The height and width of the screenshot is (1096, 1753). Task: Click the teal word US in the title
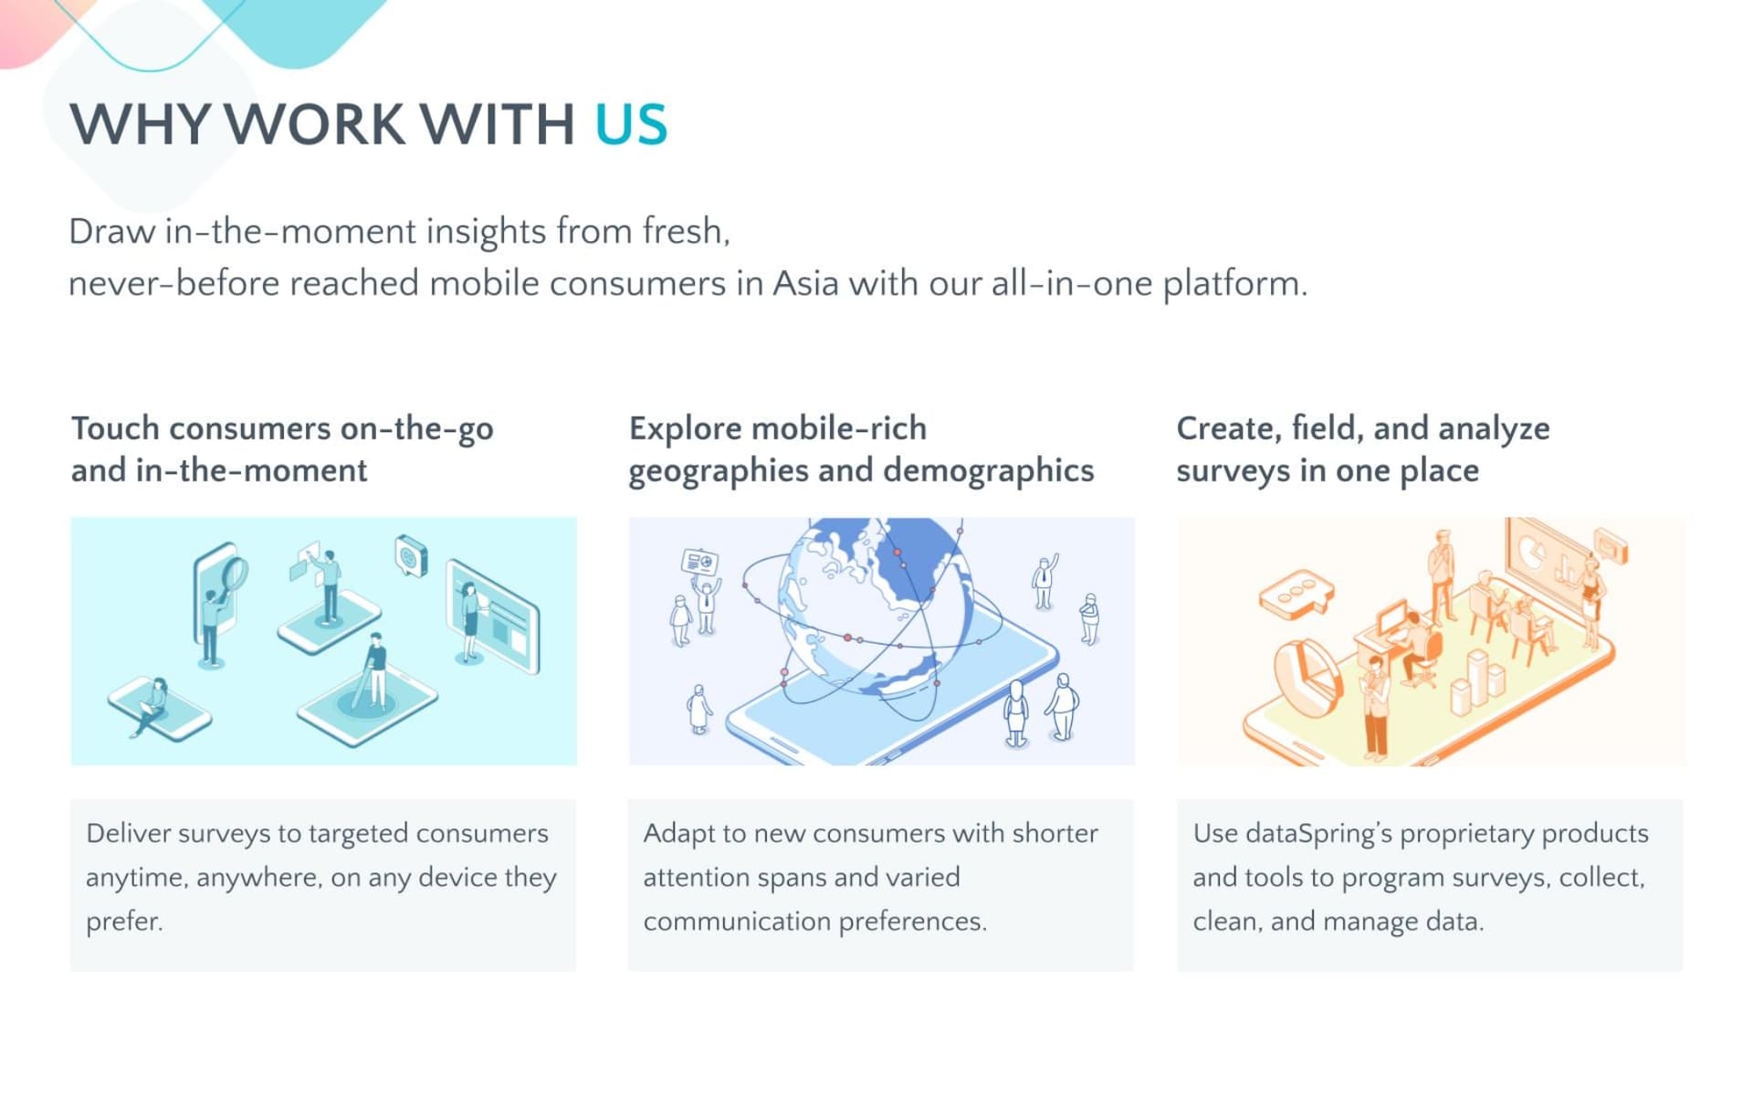point(631,124)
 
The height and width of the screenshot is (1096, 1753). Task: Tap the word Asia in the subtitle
point(805,283)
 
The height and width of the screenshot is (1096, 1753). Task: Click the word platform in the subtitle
point(1234,285)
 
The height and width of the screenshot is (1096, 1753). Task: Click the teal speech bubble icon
point(410,555)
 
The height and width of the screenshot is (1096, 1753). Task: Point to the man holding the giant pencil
point(373,672)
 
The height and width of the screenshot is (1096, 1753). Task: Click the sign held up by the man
point(699,562)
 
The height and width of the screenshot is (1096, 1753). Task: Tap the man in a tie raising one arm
point(1044,583)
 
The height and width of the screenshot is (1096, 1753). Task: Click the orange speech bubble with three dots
point(1295,595)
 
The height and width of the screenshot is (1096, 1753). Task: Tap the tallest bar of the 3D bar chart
point(1476,677)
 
